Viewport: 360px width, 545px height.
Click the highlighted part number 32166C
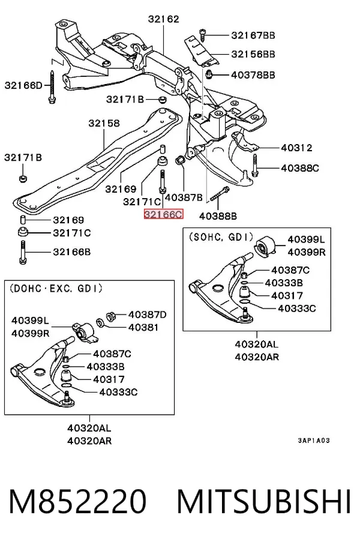tap(164, 214)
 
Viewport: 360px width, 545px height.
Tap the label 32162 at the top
tap(164, 19)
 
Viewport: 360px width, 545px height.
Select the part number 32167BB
tap(253, 35)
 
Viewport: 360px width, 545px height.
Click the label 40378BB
tap(253, 75)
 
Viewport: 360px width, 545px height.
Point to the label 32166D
tap(23, 85)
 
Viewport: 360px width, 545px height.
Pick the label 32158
tap(104, 123)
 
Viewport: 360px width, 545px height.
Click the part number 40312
tap(297, 148)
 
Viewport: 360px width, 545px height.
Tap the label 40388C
tap(300, 168)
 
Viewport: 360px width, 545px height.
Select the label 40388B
tap(218, 216)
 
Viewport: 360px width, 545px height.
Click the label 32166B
tap(72, 251)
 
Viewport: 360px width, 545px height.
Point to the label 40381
tap(143, 327)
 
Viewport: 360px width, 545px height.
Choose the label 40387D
tap(148, 315)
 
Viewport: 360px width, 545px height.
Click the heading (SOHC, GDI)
tap(221, 237)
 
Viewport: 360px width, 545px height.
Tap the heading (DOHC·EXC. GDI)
tap(56, 289)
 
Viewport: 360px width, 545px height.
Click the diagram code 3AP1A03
tap(314, 441)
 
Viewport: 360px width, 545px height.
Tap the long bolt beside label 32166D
tap(52, 87)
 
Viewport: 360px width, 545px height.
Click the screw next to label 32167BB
tap(203, 34)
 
